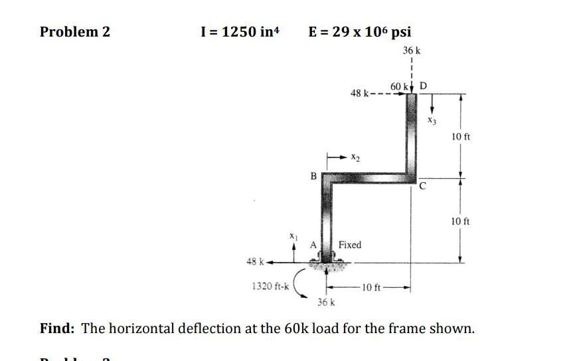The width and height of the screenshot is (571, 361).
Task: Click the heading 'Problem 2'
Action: click(x=75, y=32)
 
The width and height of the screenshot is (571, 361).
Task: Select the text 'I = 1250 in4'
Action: click(x=240, y=32)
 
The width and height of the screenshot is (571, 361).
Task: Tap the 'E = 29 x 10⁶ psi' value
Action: click(x=360, y=32)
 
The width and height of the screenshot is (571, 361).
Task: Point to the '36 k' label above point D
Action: click(x=412, y=50)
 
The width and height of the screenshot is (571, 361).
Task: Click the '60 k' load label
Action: click(x=399, y=87)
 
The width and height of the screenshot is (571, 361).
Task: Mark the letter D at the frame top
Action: click(x=424, y=86)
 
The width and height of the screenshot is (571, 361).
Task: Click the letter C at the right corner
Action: click(x=423, y=187)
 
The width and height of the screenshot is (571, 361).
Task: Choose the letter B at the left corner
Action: click(x=313, y=176)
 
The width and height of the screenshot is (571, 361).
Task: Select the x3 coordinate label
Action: click(x=432, y=120)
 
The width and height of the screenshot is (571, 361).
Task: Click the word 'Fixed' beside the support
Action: click(x=350, y=245)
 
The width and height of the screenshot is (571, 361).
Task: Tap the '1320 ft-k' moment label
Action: click(x=270, y=287)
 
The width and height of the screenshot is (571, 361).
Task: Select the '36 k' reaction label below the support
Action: click(x=325, y=303)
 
